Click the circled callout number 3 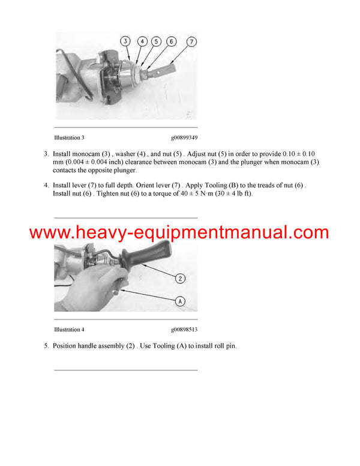pyautogui.click(x=125, y=41)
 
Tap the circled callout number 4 pyautogui.click(x=142, y=41)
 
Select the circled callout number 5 pyautogui.click(x=156, y=41)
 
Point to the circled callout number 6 pyautogui.click(x=171, y=41)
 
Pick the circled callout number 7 pyautogui.click(x=192, y=41)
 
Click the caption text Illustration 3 pyautogui.click(x=69, y=138)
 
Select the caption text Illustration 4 pyautogui.click(x=69, y=330)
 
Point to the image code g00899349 pyautogui.click(x=184, y=138)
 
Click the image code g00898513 pyautogui.click(x=184, y=330)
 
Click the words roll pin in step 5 pyautogui.click(x=224, y=346)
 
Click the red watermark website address pyautogui.click(x=179, y=232)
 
